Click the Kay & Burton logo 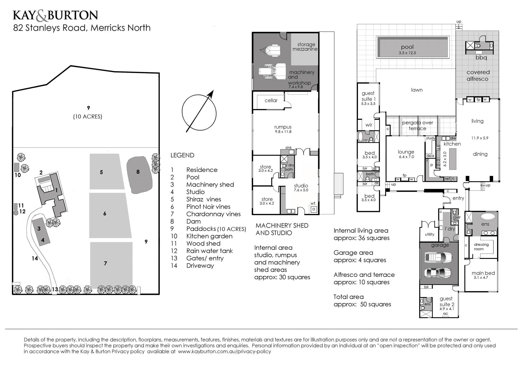click(x=55, y=16)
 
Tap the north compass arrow click(x=199, y=111)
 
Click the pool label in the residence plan click(x=407, y=47)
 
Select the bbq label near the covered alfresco click(x=481, y=58)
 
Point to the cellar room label click(x=271, y=100)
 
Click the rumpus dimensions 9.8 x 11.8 click(x=283, y=132)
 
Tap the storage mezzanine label click(x=305, y=47)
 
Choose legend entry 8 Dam click(x=186, y=221)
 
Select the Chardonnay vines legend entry click(x=206, y=214)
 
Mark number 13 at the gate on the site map click(x=55, y=289)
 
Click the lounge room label click(x=406, y=152)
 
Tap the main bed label click(x=483, y=273)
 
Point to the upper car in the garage click(x=438, y=257)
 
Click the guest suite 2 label click(x=446, y=302)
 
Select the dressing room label click(x=482, y=247)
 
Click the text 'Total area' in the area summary click(x=348, y=297)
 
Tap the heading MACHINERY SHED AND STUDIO click(x=282, y=229)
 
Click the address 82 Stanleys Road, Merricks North click(x=82, y=28)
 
